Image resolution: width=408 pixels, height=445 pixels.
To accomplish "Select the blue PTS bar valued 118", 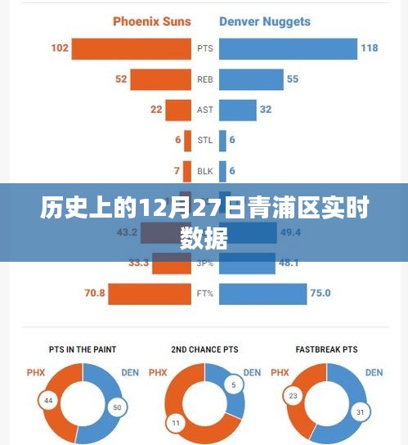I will [x=287, y=48].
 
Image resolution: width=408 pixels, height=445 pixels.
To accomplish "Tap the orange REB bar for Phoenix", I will [x=160, y=79].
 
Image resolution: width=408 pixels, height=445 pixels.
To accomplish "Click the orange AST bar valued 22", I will [x=177, y=110].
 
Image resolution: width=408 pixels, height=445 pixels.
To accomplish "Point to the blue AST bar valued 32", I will [x=236, y=110].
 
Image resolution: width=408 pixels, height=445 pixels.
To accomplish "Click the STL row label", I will [x=204, y=140].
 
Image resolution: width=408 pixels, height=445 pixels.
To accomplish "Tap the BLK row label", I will [x=204, y=171].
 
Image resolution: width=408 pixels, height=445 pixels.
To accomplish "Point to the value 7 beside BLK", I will [x=177, y=171].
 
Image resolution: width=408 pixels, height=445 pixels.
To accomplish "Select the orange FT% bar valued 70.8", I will [x=149, y=294].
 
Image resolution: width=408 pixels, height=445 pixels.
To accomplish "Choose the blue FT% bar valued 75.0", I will [x=261, y=294].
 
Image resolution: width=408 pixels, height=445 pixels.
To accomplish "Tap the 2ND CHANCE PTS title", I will [x=204, y=348].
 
